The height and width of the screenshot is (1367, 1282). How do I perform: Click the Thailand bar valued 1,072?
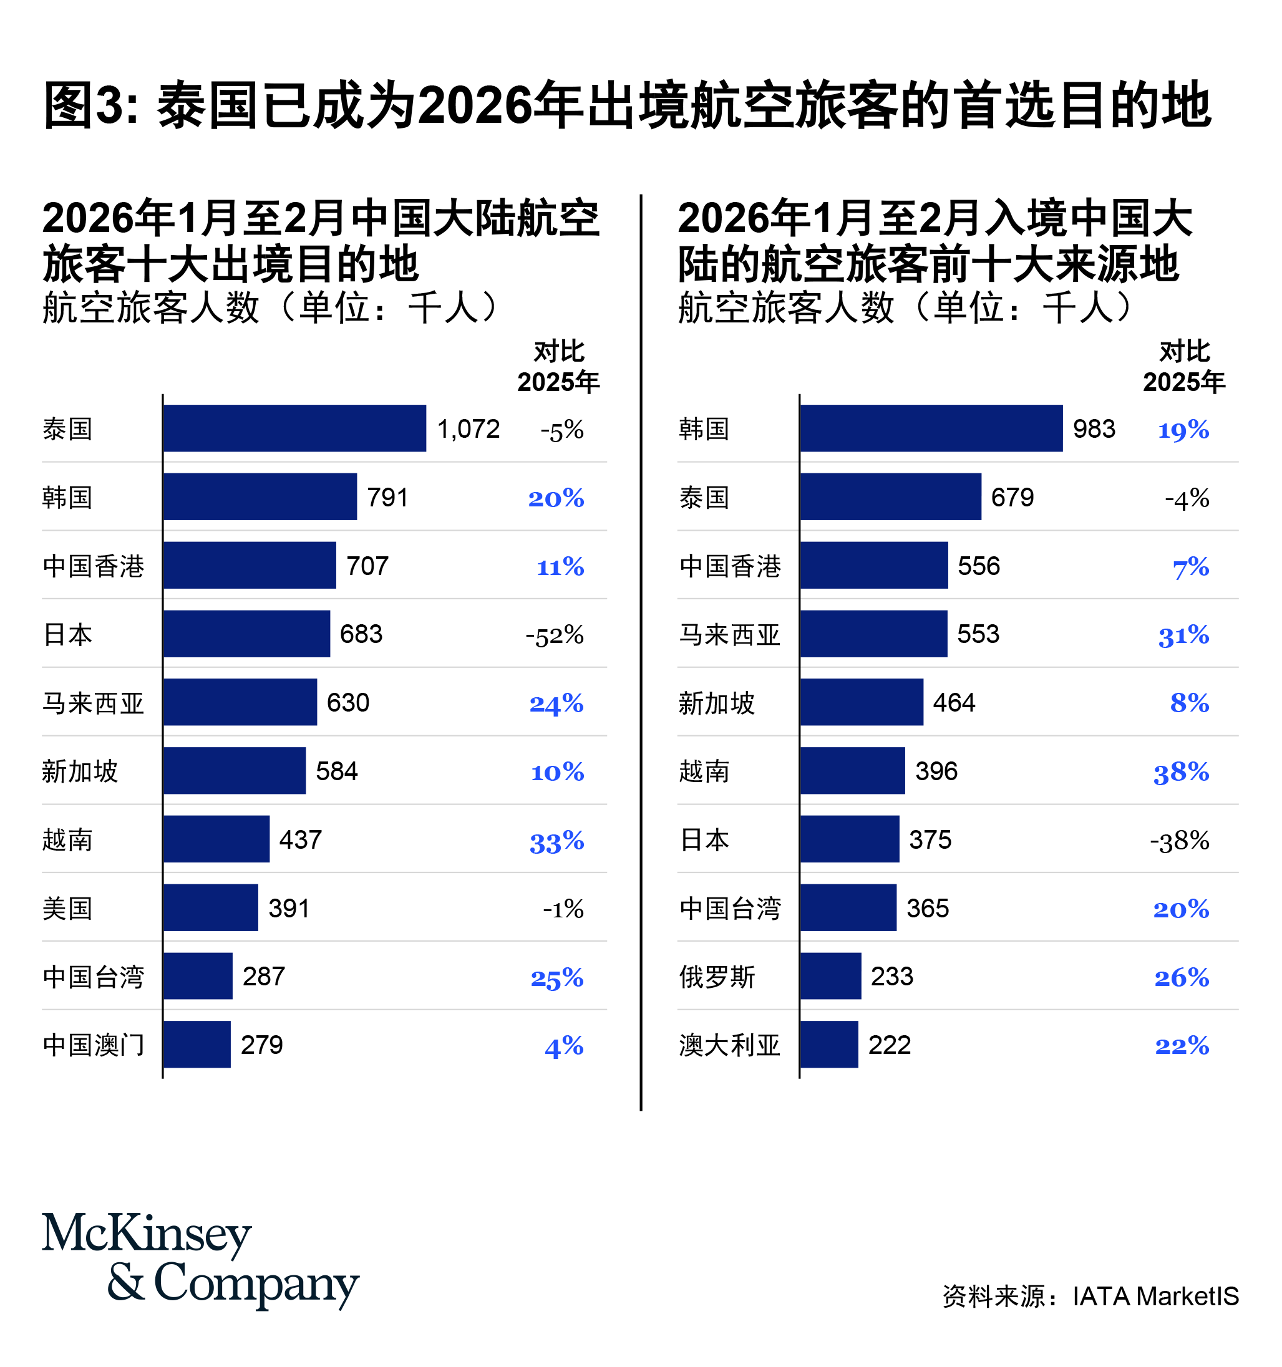point(294,428)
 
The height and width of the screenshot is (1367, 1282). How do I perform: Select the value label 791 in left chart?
point(387,497)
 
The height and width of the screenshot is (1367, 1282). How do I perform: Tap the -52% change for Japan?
point(555,635)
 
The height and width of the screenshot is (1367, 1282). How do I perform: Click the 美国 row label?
point(67,909)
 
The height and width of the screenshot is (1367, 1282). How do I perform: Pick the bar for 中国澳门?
point(197,1045)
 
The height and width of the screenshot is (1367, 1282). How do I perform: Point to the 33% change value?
point(556,841)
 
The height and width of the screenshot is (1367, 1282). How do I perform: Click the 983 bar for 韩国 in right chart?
point(931,428)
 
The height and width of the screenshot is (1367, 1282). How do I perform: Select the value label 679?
point(1012,497)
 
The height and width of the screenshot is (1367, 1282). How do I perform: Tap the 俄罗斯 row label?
point(717,977)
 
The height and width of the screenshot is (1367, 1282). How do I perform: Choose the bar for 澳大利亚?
point(828,1045)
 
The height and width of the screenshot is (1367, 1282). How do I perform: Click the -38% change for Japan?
point(1179,840)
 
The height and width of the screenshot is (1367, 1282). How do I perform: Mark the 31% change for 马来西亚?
point(1183,635)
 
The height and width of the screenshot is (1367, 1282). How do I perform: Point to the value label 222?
point(888,1045)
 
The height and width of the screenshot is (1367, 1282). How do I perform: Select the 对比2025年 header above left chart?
point(558,367)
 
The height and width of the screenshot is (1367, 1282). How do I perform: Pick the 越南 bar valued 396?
point(852,771)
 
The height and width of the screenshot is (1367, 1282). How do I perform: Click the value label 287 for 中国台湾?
point(263,977)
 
